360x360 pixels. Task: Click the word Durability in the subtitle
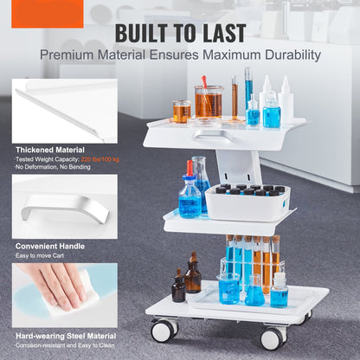(292, 55)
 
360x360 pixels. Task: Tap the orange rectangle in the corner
(48, 14)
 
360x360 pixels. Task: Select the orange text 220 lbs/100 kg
(100, 159)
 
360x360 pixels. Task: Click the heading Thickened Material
(50, 150)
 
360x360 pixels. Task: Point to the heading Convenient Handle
(50, 247)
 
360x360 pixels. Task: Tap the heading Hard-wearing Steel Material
(66, 336)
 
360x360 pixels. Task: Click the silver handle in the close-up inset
(65, 207)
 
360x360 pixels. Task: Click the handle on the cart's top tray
(214, 136)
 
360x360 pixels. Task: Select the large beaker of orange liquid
(209, 101)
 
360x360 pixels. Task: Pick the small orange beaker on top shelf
(182, 112)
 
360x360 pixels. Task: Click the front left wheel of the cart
(164, 331)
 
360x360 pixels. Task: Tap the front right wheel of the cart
(273, 338)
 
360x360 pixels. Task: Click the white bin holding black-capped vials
(248, 203)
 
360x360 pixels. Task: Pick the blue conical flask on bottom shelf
(254, 292)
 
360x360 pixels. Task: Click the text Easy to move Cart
(40, 255)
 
